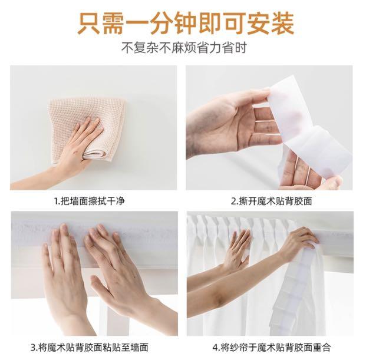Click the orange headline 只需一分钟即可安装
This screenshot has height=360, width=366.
[x=185, y=24]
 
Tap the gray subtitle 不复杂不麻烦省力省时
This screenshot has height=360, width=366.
[x=184, y=48]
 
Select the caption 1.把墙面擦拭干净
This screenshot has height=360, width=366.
[x=90, y=201]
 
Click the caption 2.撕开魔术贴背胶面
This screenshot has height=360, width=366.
[x=272, y=201]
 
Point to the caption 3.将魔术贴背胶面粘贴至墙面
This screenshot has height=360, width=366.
[x=90, y=347]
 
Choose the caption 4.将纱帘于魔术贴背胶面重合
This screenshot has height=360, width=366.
[x=272, y=347]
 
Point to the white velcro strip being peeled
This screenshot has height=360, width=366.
[x=311, y=131]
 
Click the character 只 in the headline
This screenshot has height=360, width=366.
[x=88, y=24]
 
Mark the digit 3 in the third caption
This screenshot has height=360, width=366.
[x=33, y=348]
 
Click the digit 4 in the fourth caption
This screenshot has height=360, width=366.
[x=215, y=348]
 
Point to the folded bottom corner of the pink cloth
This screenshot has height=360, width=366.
[x=95, y=155]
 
